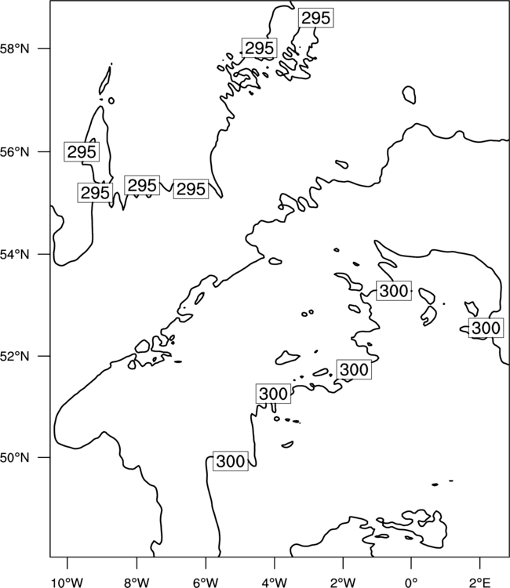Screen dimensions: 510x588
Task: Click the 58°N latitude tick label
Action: click(x=15, y=49)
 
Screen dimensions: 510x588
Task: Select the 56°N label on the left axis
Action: click(x=15, y=152)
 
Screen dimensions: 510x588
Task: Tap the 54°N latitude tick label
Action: click(x=15, y=254)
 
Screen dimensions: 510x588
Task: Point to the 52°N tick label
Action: click(x=15, y=356)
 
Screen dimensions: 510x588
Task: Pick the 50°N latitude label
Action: click(x=15, y=458)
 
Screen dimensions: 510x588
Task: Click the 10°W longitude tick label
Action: click(x=67, y=583)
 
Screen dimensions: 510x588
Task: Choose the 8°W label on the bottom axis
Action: click(x=137, y=583)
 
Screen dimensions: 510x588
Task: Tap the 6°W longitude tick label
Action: click(x=206, y=583)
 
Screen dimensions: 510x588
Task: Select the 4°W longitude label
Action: click(x=275, y=583)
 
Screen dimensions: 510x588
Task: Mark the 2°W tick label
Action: click(x=343, y=583)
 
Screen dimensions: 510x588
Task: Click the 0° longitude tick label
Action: click(x=411, y=583)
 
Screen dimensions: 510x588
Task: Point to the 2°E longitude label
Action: click(x=480, y=583)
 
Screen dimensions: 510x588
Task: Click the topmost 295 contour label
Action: click(x=316, y=17)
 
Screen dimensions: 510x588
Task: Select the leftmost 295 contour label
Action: click(x=82, y=152)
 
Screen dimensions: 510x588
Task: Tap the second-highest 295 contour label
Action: click(x=260, y=48)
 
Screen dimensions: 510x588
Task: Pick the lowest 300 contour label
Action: click(x=231, y=461)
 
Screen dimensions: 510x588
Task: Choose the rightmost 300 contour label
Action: click(x=486, y=328)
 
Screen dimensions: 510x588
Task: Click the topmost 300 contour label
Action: click(x=394, y=291)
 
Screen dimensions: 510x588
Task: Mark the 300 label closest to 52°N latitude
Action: click(x=354, y=370)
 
